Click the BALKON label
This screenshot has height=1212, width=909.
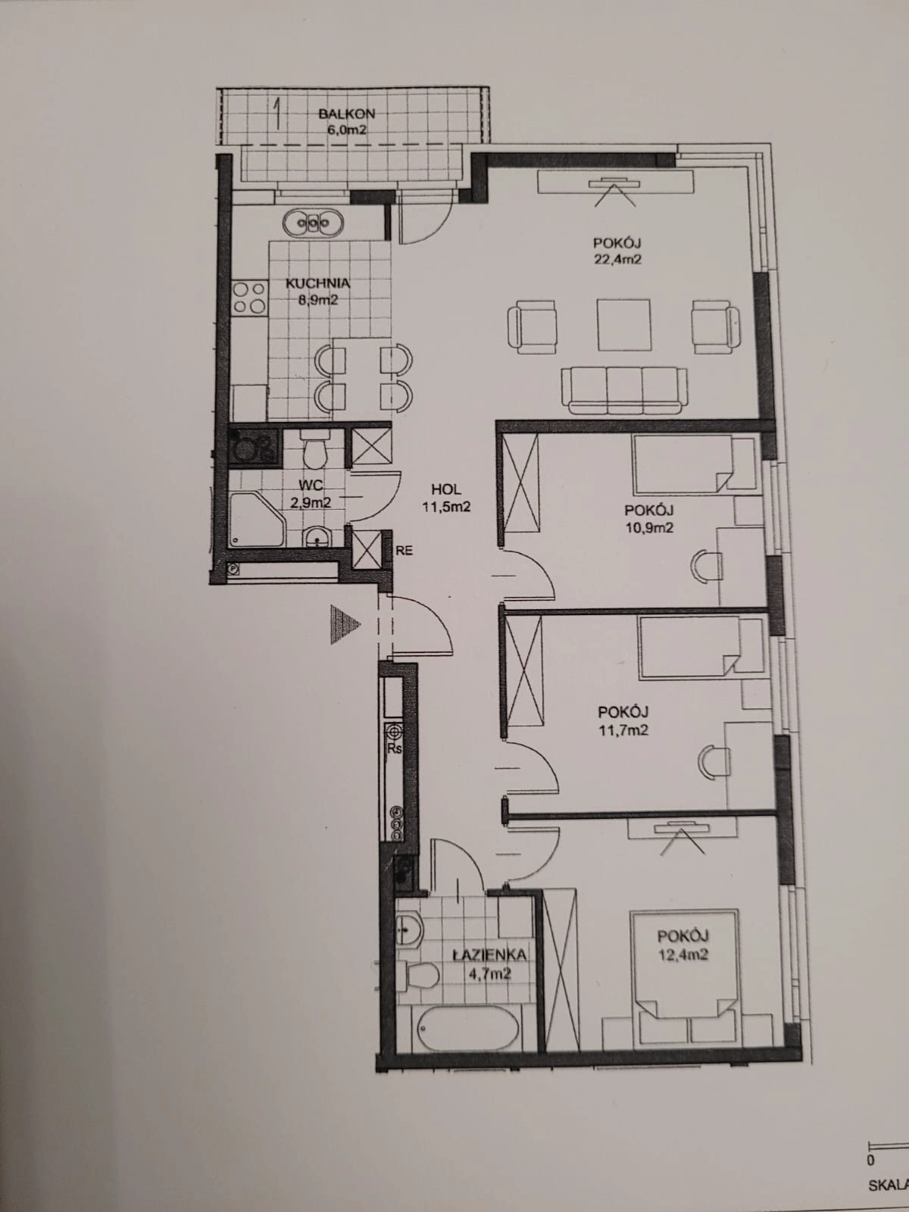pos(347,114)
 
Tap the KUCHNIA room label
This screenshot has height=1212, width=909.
pos(317,283)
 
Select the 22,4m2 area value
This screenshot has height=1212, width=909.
pos(617,259)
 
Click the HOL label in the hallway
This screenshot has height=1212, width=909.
pos(446,489)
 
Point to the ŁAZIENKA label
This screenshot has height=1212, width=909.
pos(489,954)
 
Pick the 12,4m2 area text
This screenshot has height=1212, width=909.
pos(683,954)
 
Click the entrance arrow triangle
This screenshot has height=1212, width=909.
pos(345,624)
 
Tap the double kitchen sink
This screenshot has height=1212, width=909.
pos(314,223)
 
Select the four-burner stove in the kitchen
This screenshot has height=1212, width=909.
pos(248,298)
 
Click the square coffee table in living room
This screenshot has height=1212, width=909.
pos(623,325)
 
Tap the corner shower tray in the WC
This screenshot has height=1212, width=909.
pos(258,520)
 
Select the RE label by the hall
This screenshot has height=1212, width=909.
pos(404,551)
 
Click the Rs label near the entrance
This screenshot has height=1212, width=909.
pos(394,749)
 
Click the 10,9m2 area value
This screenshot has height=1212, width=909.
pos(649,527)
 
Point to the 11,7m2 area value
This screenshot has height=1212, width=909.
pos(623,730)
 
